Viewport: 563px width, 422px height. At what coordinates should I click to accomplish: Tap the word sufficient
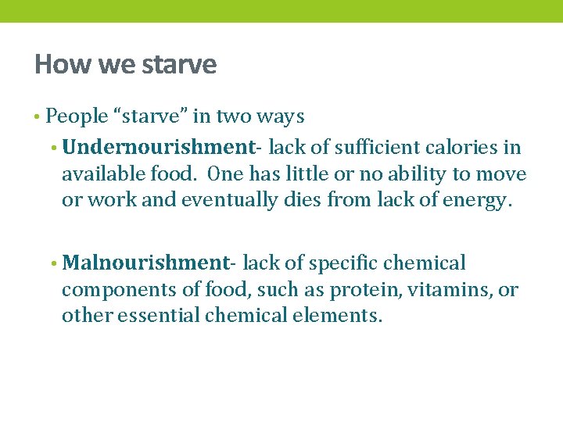point(366,147)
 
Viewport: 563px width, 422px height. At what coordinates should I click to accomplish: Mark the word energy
point(479,200)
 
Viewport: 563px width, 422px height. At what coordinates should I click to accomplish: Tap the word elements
point(344,316)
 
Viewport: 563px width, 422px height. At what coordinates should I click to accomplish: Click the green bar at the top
point(281,11)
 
